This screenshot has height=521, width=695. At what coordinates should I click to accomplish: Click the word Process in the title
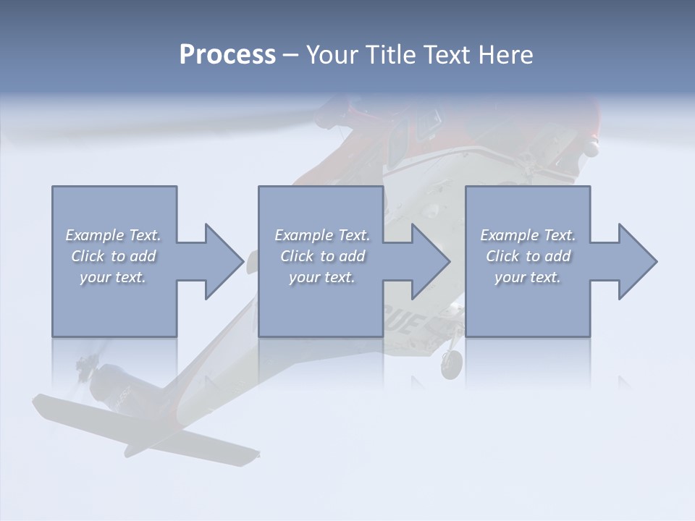tap(227, 55)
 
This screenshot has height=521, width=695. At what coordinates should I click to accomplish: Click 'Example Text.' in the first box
tap(113, 235)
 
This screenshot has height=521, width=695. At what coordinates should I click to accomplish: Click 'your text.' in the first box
tap(113, 277)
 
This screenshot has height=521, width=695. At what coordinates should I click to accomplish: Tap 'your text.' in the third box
tap(528, 277)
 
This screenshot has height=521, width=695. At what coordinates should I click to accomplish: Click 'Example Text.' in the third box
tap(528, 235)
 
